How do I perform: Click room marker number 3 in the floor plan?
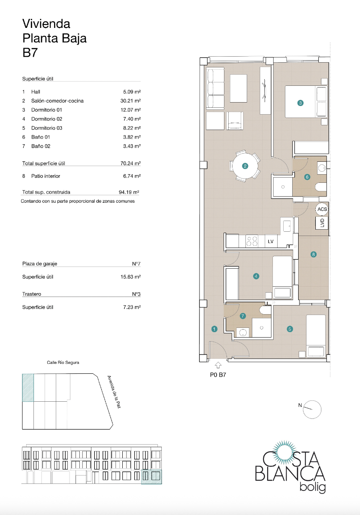(x=301, y=103)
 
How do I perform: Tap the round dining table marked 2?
(x=245, y=166)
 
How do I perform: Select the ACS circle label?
(x=322, y=209)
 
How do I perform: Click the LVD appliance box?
(x=322, y=223)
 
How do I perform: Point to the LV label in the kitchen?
(x=270, y=242)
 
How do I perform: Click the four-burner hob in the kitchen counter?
(x=251, y=242)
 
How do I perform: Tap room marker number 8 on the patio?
(x=314, y=254)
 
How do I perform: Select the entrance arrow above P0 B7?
(x=218, y=365)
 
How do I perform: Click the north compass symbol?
(x=312, y=409)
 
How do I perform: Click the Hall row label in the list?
(x=36, y=92)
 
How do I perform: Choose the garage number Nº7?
(x=136, y=264)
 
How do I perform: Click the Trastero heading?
(x=32, y=294)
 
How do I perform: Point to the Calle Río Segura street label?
(x=63, y=363)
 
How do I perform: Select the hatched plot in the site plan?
(x=28, y=388)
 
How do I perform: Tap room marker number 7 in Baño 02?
(x=243, y=316)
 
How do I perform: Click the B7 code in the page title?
(x=30, y=52)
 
